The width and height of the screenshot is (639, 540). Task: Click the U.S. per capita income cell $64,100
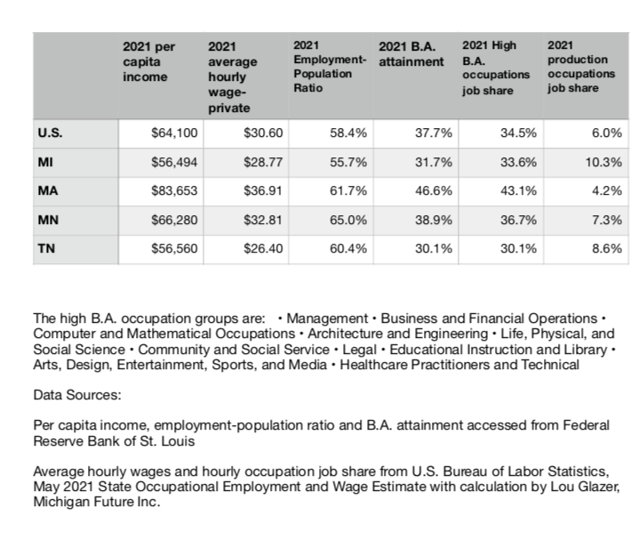174,133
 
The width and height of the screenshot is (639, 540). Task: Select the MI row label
45,162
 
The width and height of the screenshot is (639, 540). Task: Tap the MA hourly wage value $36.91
263,190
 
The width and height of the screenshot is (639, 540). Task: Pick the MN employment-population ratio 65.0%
348,220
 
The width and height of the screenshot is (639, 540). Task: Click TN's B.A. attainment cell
433,248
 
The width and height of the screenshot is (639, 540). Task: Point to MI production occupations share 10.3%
603,162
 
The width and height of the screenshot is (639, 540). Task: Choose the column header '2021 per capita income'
148,61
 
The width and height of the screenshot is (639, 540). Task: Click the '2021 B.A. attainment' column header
411,54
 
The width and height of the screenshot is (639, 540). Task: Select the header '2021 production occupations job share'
580,66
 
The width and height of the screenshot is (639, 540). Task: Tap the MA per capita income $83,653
174,190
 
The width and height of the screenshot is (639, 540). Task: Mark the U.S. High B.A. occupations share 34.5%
518,133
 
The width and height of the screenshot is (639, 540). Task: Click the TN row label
46,248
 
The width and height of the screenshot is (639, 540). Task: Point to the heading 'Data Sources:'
77,395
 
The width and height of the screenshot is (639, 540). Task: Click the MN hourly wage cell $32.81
263,220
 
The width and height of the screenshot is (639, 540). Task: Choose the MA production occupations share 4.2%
607,190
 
